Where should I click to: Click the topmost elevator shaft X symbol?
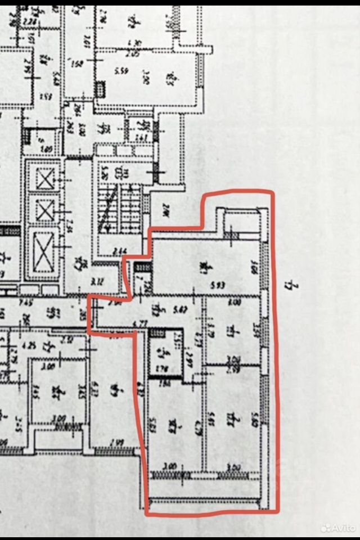(x=44, y=179)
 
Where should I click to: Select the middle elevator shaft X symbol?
(x=44, y=210)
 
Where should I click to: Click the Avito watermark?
(x=337, y=528)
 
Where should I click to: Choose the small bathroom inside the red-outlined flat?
(x=165, y=354)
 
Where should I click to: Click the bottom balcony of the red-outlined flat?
(x=205, y=492)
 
